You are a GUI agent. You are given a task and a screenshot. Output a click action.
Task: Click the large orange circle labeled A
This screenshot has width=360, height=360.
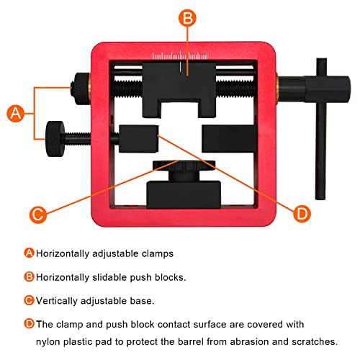coord(17,113)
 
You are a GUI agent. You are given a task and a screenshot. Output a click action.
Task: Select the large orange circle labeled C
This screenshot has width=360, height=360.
coord(41,214)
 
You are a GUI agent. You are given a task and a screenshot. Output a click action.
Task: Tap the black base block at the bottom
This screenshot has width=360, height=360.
coord(182,192)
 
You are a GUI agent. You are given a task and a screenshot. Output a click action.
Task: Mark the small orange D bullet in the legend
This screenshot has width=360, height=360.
coord(30,324)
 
